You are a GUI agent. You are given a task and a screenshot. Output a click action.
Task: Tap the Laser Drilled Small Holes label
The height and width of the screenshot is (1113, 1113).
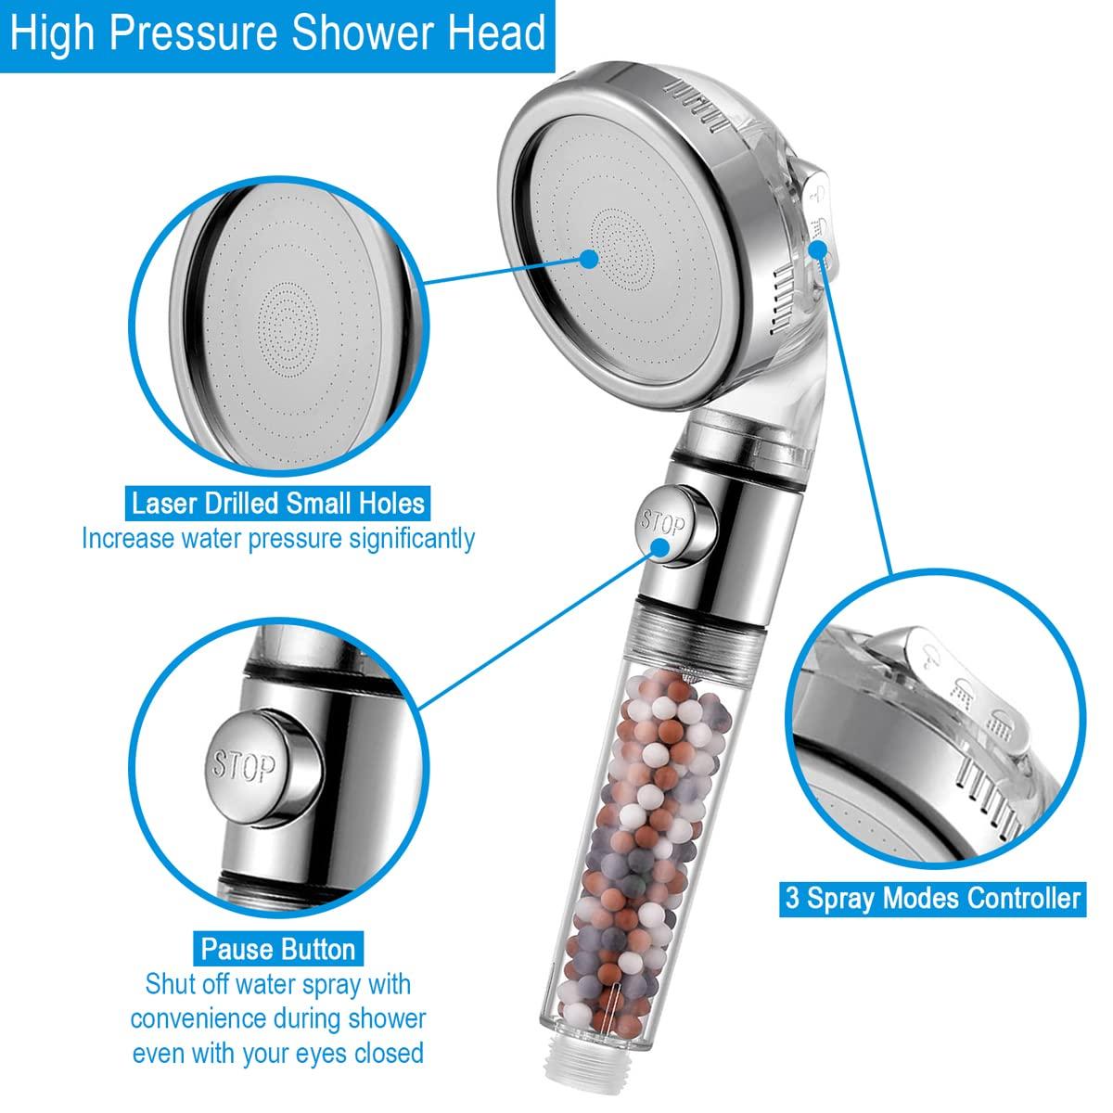tap(278, 504)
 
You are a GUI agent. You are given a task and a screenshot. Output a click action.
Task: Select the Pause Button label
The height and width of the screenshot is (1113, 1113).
tap(278, 949)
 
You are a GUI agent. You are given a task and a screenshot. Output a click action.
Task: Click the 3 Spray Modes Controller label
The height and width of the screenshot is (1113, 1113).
tap(932, 898)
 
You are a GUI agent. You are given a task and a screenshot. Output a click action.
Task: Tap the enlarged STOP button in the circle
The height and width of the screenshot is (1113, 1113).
tap(245, 765)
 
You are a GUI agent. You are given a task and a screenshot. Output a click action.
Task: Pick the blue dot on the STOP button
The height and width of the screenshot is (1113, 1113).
tap(662, 546)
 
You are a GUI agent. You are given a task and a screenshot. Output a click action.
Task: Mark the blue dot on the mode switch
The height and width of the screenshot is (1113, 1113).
tap(819, 221)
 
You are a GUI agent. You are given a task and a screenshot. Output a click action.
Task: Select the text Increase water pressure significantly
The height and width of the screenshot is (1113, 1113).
tap(278, 538)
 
